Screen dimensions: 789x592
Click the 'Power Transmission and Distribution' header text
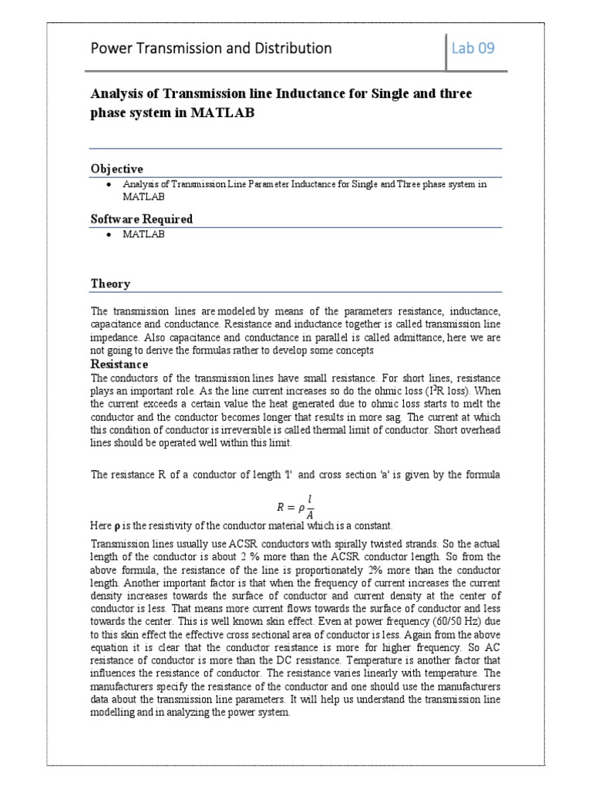pyautogui.click(x=211, y=48)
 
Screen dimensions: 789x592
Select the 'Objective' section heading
pyautogui.click(x=117, y=169)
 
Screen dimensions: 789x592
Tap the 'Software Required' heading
pyautogui.click(x=142, y=219)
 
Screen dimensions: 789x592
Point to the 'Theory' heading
pyautogui.click(x=111, y=284)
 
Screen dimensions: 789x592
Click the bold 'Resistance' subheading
pyautogui.click(x=119, y=364)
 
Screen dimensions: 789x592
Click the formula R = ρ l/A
pyautogui.click(x=295, y=507)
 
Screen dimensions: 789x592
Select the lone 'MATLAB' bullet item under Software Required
pyautogui.click(x=144, y=234)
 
